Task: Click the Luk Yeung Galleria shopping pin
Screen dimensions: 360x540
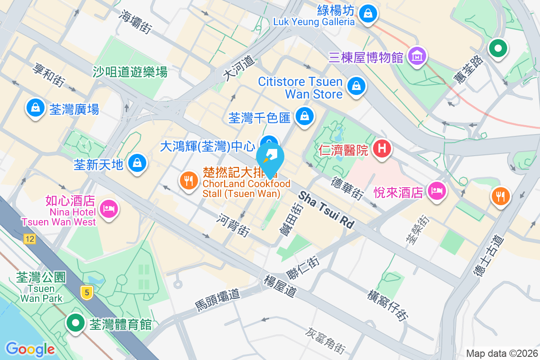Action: pos(369,13)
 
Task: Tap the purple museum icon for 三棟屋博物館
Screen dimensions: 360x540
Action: pos(417,56)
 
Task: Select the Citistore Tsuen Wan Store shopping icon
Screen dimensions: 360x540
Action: pos(356,84)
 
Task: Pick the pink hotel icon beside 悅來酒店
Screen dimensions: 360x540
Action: pos(436,191)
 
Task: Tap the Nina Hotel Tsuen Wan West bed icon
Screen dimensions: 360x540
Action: pos(108,208)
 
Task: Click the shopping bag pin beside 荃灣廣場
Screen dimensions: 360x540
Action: pos(35,108)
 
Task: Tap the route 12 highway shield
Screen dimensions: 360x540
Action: pos(30,239)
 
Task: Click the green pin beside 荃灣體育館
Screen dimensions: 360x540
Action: pos(76,323)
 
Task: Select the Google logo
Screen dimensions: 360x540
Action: pos(30,349)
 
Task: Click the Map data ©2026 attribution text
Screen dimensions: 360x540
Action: pos(501,353)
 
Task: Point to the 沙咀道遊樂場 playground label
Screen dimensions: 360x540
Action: pos(130,71)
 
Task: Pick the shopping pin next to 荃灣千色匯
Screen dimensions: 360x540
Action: pos(305,116)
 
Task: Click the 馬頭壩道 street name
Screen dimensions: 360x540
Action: pos(218,300)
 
